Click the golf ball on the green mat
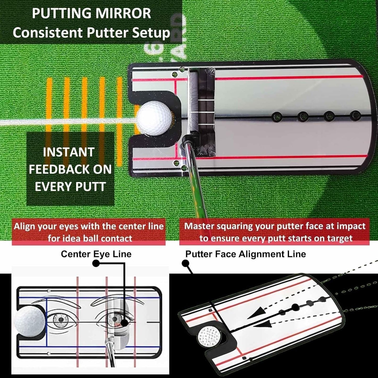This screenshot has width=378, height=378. click(154, 118)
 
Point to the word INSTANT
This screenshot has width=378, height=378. click(69, 152)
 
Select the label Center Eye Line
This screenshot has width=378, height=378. click(96, 254)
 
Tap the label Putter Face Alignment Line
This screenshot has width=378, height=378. click(245, 254)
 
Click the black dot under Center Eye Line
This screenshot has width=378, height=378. click(96, 263)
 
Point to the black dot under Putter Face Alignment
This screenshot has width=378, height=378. click(185, 263)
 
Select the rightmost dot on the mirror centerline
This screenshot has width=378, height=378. click(355, 115)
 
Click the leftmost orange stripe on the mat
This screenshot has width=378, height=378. click(49, 105)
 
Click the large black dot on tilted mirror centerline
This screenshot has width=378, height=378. click(295, 307)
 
